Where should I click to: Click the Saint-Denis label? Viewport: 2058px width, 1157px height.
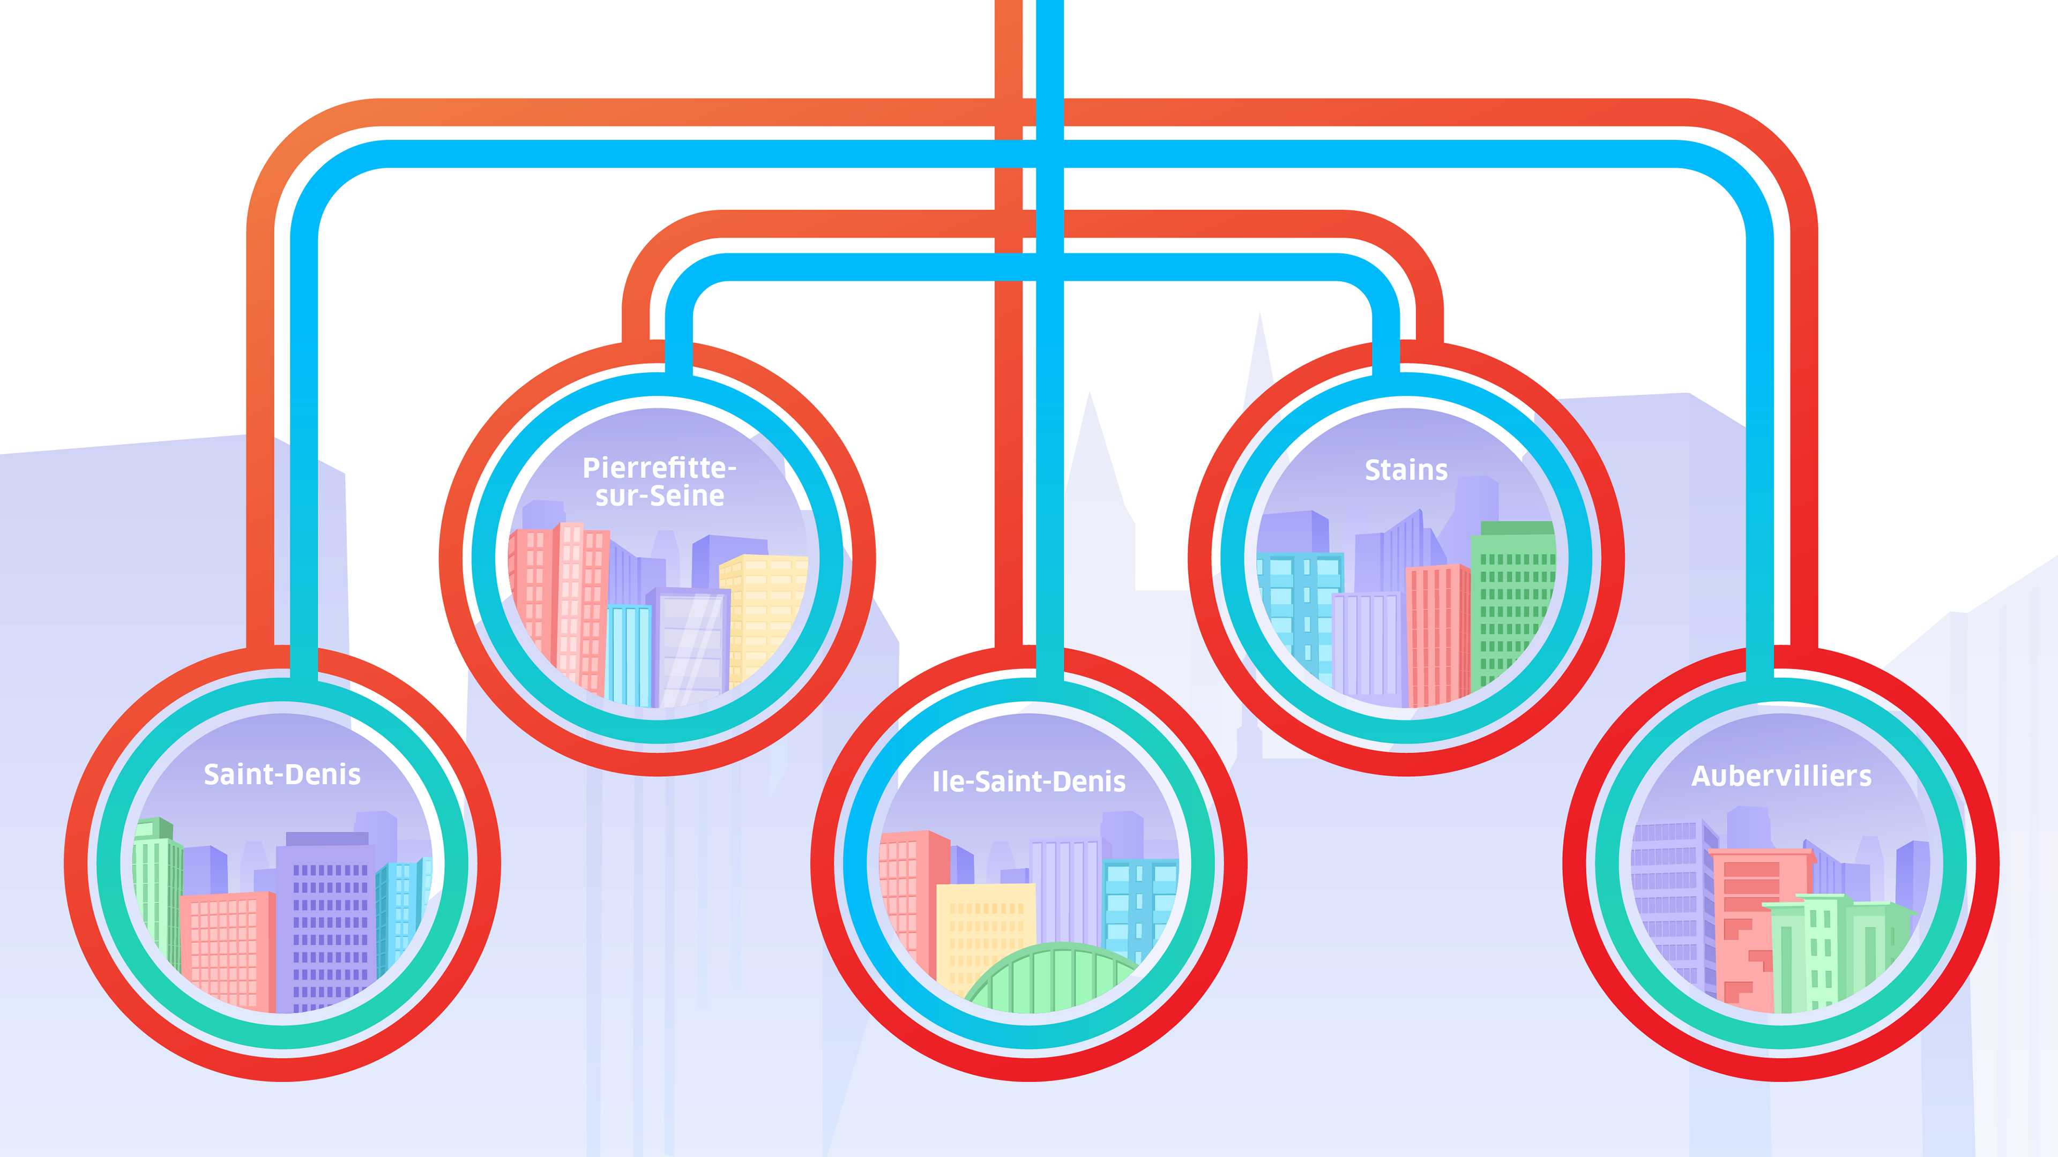(x=282, y=775)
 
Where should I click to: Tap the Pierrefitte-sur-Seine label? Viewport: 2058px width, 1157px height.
(x=659, y=482)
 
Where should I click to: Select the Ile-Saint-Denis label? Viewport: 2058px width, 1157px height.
(x=1028, y=782)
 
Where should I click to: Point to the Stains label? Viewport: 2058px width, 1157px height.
(x=1406, y=470)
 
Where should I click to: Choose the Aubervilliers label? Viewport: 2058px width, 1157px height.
(x=1781, y=776)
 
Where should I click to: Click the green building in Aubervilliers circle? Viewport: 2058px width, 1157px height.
(x=1830, y=950)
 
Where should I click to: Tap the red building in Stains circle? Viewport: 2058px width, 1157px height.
(x=1436, y=631)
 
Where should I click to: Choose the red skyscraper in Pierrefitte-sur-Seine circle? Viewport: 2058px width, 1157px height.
(x=559, y=599)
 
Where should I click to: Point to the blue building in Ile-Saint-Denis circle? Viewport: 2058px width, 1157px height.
(x=1138, y=902)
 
